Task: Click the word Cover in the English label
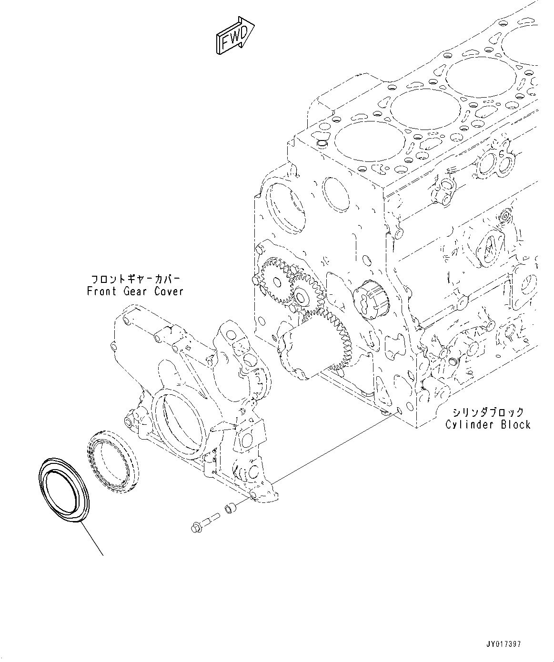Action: (168, 291)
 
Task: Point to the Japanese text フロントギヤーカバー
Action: (135, 279)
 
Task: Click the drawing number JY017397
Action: (504, 644)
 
